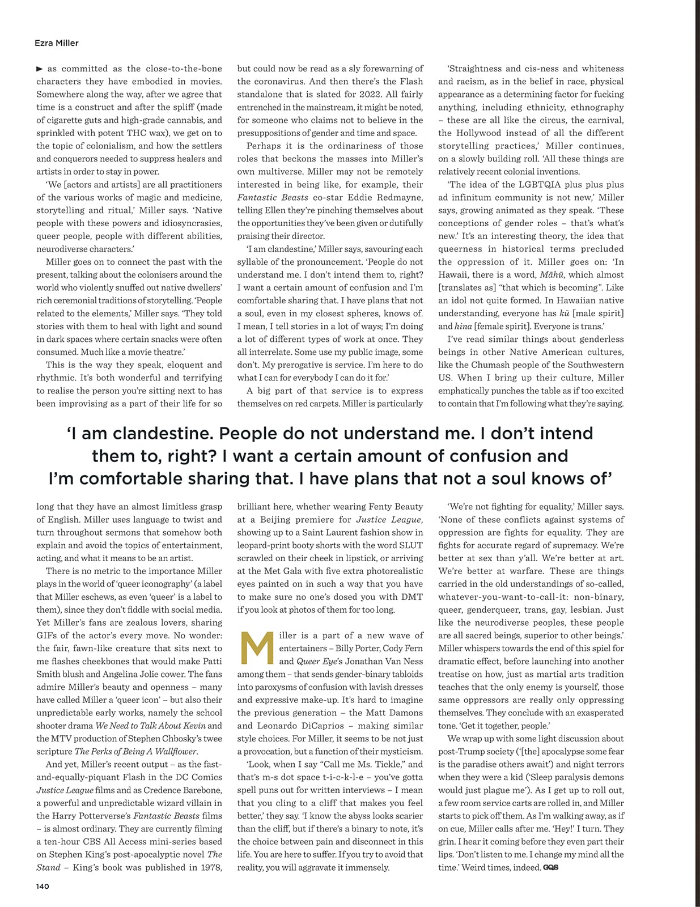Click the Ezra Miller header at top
pos(57,43)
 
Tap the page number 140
pos(43,886)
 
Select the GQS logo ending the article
pos(550,867)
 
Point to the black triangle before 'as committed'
pos(39,69)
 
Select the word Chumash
pos(490,365)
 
